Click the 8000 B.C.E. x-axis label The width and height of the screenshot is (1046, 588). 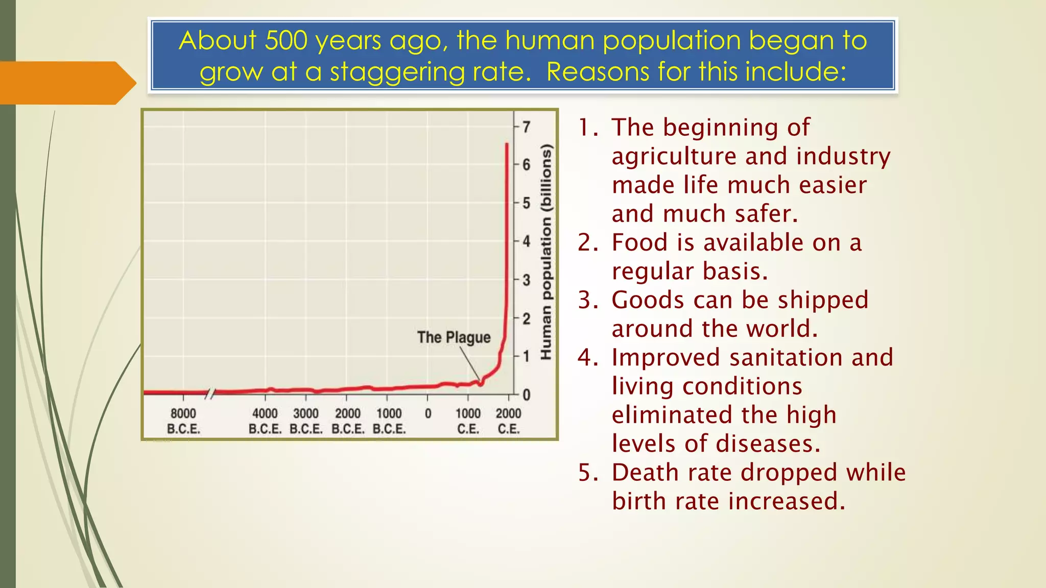click(183, 421)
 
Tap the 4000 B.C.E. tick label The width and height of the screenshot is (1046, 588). click(265, 421)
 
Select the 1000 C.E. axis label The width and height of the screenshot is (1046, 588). click(468, 421)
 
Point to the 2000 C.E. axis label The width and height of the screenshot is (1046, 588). click(508, 421)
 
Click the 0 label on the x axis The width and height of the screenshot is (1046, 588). click(428, 413)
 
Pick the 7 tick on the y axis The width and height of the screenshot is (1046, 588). click(526, 127)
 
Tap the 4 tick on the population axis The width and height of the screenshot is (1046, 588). click(526, 241)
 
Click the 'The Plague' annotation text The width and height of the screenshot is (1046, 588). click(454, 337)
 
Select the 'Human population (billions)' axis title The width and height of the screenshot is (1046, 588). click(546, 253)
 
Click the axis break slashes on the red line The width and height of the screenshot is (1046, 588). click(210, 393)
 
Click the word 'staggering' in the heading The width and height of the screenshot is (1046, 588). click(397, 71)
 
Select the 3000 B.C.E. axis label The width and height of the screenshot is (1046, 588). click(306, 421)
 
